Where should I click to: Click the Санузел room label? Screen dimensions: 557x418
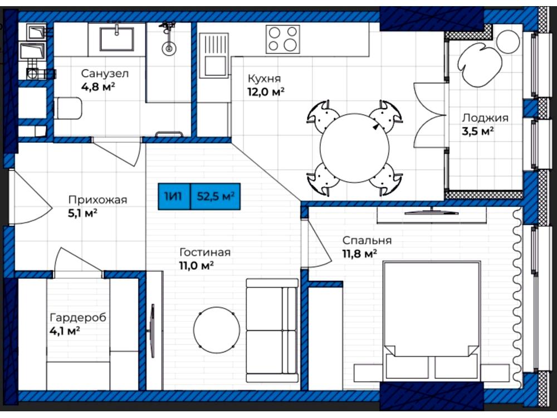pyautogui.click(x=105, y=74)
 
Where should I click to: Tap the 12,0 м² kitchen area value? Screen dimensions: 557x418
pyautogui.click(x=266, y=92)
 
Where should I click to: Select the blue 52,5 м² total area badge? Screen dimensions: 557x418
pyautogui.click(x=216, y=196)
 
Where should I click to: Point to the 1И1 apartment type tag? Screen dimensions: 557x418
pyautogui.click(x=174, y=196)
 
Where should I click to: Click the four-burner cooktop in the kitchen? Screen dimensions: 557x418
pyautogui.click(x=283, y=39)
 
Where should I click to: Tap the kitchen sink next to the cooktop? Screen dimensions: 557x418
pyautogui.click(x=214, y=55)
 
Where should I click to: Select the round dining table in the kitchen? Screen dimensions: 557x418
pyautogui.click(x=354, y=148)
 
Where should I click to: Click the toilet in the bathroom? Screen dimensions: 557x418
pyautogui.click(x=68, y=109)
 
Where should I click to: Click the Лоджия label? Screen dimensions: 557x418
pyautogui.click(x=485, y=118)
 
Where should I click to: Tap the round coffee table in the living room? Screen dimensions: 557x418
pyautogui.click(x=216, y=330)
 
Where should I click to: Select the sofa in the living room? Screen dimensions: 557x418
pyautogui.click(x=272, y=330)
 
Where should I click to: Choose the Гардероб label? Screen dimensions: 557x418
pyautogui.click(x=78, y=317)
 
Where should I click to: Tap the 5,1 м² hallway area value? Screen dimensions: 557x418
pyautogui.click(x=83, y=213)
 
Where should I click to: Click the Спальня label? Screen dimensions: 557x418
pyautogui.click(x=367, y=240)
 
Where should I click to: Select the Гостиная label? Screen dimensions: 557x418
pyautogui.click(x=205, y=252)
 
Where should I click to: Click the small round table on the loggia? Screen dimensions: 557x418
pyautogui.click(x=509, y=42)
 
